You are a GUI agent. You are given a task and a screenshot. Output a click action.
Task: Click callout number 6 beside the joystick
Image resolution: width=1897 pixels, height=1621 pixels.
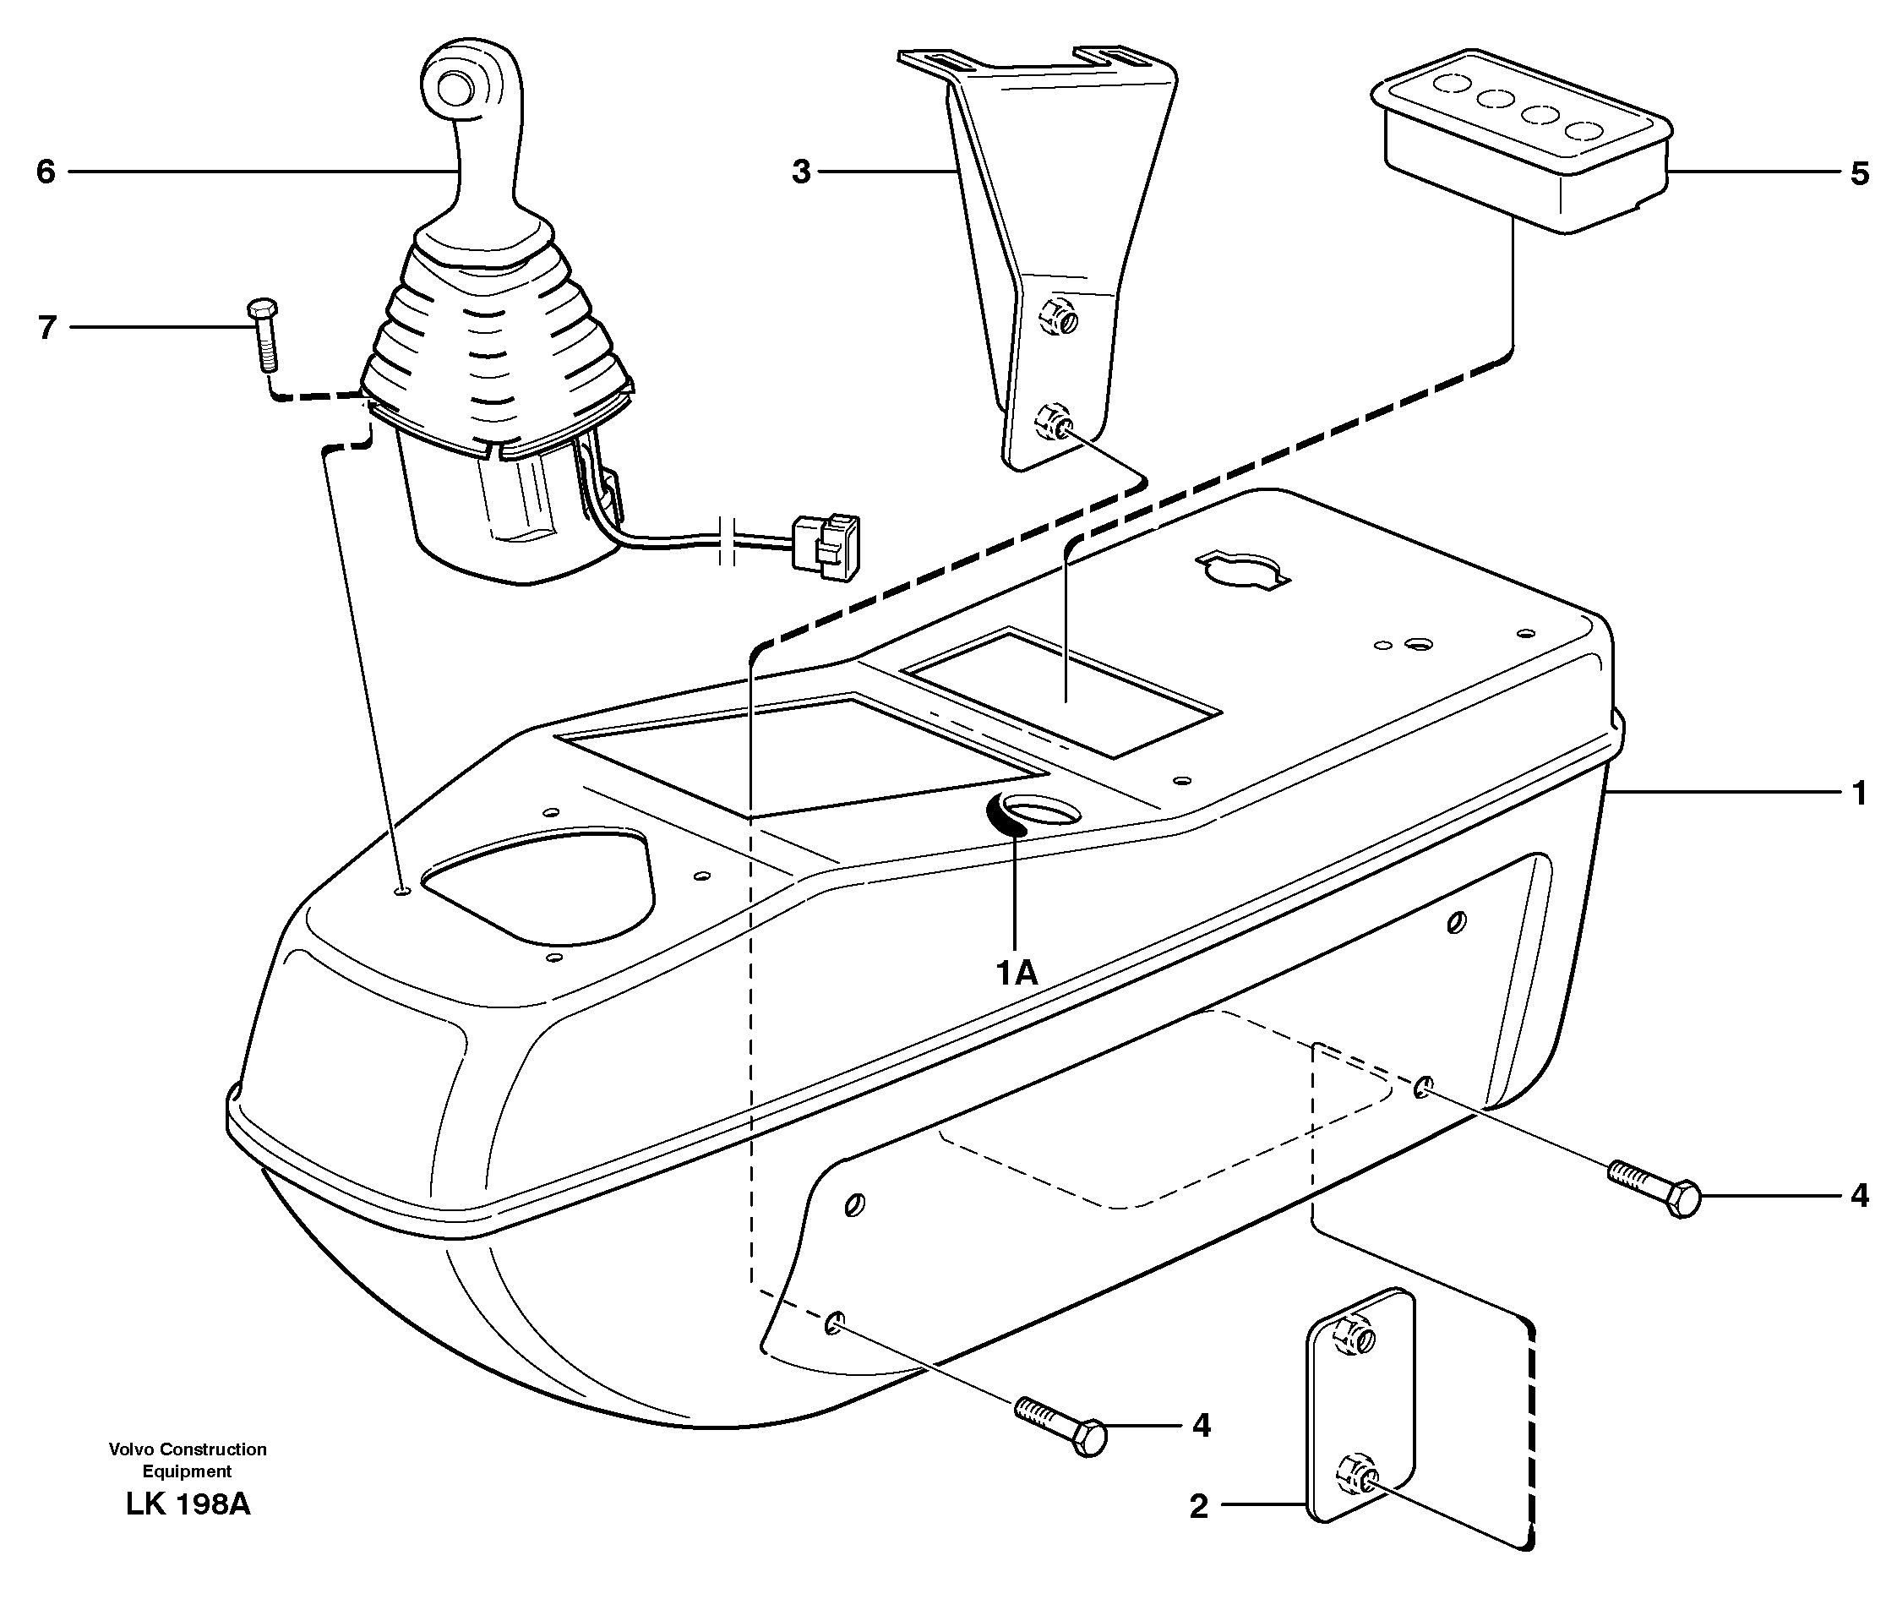[46, 172]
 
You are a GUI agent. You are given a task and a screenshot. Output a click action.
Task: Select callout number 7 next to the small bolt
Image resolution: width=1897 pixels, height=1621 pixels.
[47, 328]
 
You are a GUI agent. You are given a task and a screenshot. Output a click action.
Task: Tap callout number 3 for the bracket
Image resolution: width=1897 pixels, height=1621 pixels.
[801, 172]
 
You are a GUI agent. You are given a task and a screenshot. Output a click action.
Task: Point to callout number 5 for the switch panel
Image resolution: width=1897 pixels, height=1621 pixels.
[1858, 174]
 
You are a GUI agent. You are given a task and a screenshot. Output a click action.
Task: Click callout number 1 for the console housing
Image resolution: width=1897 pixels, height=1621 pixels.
[1858, 793]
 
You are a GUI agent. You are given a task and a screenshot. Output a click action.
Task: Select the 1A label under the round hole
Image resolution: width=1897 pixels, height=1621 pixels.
[1017, 973]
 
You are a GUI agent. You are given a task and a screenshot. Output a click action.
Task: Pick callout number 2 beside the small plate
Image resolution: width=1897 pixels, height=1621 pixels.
[1198, 1508]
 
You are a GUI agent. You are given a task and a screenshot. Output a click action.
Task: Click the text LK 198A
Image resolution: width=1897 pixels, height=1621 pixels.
[188, 1504]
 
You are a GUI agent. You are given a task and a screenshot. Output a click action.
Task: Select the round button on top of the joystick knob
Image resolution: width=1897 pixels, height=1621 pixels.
[455, 89]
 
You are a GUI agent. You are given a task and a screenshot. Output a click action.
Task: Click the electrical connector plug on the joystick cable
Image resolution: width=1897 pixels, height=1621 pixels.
[826, 547]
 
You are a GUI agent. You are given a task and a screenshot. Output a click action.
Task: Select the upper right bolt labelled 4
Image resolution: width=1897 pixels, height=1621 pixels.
[1654, 1187]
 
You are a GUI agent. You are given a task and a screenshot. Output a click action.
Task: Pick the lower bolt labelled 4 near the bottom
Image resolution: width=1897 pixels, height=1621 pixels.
[1061, 1424]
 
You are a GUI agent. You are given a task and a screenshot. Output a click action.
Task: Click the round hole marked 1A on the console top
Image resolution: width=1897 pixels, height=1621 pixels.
[1040, 810]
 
